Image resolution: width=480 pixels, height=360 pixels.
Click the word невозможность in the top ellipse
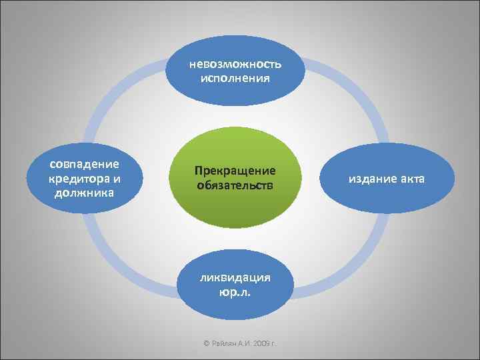[235, 64]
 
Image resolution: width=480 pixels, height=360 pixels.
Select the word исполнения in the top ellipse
[235, 78]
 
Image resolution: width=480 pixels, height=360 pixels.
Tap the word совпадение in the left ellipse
[84, 164]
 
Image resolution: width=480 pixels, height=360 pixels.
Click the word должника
[84, 193]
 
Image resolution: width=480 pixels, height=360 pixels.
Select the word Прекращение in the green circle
[235, 171]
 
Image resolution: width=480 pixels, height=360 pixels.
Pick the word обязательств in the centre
[235, 185]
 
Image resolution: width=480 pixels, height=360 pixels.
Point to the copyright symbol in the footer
[207, 343]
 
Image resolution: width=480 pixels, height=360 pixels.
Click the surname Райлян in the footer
[224, 343]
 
